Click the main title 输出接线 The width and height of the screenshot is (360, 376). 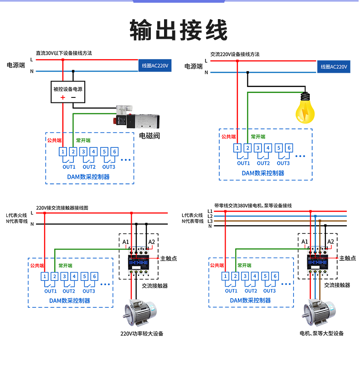click(x=179, y=30)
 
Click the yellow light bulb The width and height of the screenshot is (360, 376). click(x=306, y=108)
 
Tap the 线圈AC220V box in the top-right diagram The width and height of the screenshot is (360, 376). click(x=334, y=66)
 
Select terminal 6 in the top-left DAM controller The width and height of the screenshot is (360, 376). click(x=114, y=152)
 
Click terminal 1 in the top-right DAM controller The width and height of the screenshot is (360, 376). click(x=237, y=147)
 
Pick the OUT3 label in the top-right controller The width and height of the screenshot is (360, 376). click(x=283, y=163)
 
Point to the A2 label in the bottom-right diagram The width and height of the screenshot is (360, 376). click(x=331, y=241)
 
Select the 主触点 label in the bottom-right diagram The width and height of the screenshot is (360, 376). click(x=347, y=258)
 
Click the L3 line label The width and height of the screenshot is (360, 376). click(x=210, y=221)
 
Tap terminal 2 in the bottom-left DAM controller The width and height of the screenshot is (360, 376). click(x=54, y=276)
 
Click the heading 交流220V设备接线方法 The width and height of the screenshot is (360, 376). click(x=235, y=54)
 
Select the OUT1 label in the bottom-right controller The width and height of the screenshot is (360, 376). click(x=231, y=291)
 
